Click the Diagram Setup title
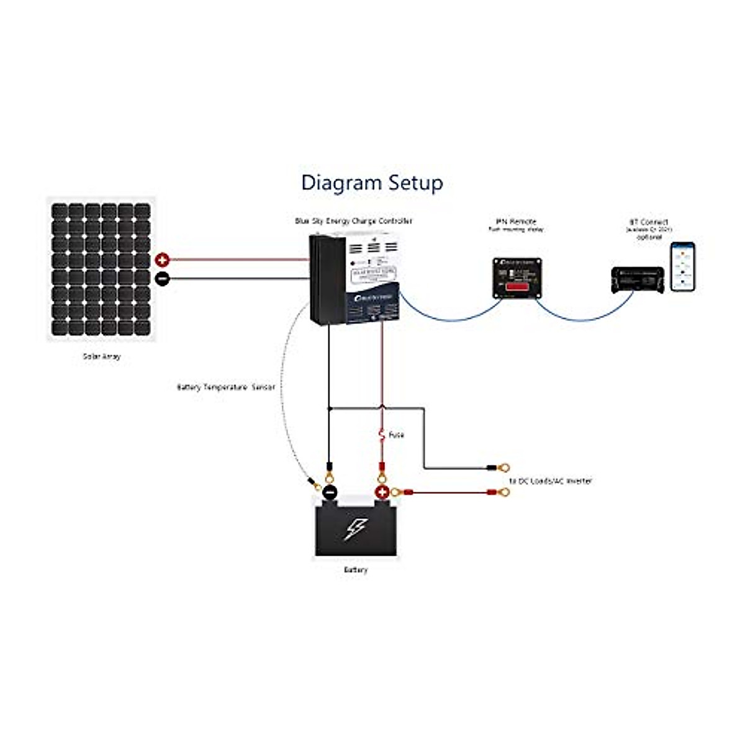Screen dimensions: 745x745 (x=372, y=183)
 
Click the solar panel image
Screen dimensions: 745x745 (x=101, y=269)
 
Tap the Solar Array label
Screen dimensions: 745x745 (x=102, y=357)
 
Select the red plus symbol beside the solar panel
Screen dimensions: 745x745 (x=162, y=260)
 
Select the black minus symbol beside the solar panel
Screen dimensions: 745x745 (x=162, y=279)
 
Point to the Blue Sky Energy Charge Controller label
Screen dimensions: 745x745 (x=353, y=221)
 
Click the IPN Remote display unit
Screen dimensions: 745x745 (x=517, y=278)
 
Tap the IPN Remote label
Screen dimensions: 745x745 (x=516, y=222)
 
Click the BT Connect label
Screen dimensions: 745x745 (x=649, y=222)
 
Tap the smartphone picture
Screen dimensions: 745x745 (x=682, y=266)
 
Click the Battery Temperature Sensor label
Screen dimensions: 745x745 (x=225, y=387)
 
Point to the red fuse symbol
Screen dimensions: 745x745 (x=382, y=435)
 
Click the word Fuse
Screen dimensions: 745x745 (x=397, y=435)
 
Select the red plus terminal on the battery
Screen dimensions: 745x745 (x=382, y=493)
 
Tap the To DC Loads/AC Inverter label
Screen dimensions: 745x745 (x=550, y=481)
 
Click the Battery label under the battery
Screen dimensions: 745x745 (x=355, y=570)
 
